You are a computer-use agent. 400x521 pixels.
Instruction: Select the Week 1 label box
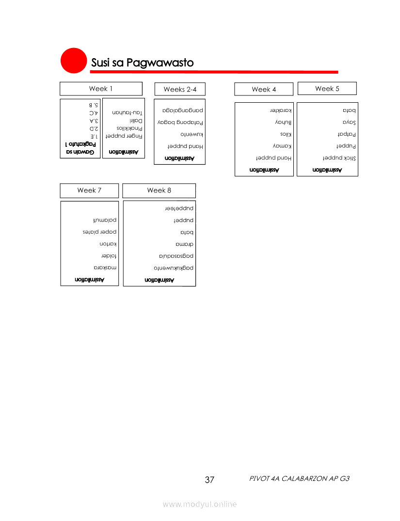(x=101, y=89)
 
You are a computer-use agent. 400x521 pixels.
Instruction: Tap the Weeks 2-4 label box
(x=180, y=89)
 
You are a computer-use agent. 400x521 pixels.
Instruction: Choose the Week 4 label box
(x=264, y=89)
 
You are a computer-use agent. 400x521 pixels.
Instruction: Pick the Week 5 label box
(x=327, y=88)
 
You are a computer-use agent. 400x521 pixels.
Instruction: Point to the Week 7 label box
(x=89, y=190)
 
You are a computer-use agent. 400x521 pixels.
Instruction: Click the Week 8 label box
(x=159, y=190)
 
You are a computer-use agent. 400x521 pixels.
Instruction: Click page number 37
(x=209, y=480)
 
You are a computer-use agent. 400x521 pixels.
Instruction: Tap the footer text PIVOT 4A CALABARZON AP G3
(x=299, y=478)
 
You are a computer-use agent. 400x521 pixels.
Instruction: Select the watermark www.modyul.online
(x=200, y=504)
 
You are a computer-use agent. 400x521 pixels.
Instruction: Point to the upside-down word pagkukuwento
(x=174, y=268)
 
